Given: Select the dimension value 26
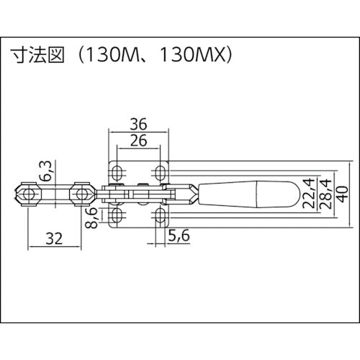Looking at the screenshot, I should [140, 140].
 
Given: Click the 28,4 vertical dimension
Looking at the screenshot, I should [325, 193].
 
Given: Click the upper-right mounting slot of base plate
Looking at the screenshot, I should [162, 171].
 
